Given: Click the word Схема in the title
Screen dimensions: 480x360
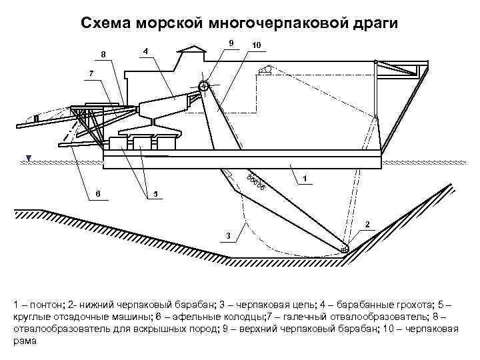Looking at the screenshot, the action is click(x=105, y=23).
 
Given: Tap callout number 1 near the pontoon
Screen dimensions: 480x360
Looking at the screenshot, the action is click(x=304, y=179).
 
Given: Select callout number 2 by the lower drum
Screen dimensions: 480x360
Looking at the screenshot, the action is click(x=369, y=224).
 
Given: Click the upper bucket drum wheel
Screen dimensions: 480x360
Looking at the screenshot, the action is click(x=203, y=86).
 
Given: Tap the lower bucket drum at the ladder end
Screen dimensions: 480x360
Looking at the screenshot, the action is click(x=345, y=249).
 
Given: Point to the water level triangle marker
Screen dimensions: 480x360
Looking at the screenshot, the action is click(x=28, y=158).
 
